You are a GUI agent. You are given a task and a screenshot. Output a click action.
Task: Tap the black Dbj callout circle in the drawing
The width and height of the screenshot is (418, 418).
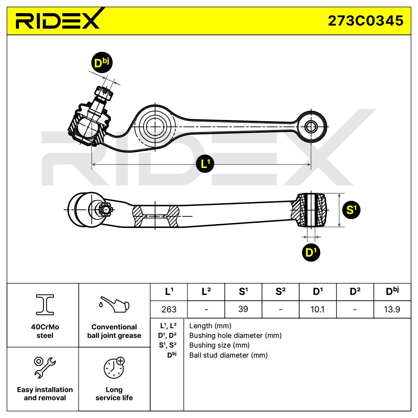[x=101, y=63]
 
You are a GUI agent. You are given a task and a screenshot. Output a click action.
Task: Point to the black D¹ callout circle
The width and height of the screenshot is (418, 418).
[x=311, y=252]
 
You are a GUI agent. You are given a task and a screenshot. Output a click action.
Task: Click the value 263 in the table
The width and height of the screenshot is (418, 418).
[x=169, y=309]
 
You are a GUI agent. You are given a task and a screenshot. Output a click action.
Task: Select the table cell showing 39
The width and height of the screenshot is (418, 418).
[x=243, y=309]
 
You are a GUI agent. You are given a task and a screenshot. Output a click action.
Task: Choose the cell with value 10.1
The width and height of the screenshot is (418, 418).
[x=317, y=309]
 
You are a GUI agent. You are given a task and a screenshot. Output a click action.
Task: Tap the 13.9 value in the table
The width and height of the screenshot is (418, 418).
[x=392, y=309]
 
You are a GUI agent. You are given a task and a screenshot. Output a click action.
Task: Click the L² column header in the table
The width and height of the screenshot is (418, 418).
[x=206, y=292]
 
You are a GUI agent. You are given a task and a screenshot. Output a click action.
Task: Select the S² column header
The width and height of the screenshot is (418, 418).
[x=281, y=292]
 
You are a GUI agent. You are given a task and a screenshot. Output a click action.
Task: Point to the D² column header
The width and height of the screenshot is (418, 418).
[x=355, y=292]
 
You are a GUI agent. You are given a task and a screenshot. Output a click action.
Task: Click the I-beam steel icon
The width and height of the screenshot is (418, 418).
[x=45, y=304]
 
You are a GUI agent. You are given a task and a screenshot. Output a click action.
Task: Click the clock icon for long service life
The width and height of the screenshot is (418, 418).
[x=114, y=367]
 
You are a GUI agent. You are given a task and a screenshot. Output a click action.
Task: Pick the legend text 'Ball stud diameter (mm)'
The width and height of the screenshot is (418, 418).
[x=228, y=355]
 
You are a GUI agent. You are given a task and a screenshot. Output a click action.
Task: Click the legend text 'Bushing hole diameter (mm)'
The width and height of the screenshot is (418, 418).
[x=235, y=336]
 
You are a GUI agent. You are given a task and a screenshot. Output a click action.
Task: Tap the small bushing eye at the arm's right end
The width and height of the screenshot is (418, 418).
[x=310, y=126]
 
